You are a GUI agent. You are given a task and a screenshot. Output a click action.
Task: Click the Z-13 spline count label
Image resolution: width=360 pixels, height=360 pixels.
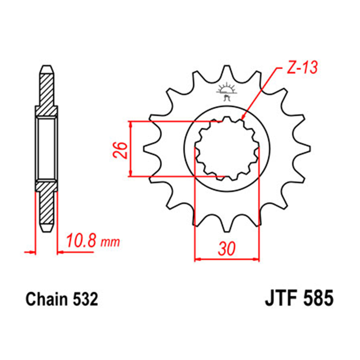[303, 68]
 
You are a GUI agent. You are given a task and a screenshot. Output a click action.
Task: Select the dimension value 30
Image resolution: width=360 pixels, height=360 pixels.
[226, 249]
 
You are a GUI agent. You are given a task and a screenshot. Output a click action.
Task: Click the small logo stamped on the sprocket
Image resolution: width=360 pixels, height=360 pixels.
[227, 91]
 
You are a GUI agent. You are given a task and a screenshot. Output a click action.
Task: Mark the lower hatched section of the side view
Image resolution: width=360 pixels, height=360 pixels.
[47, 206]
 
